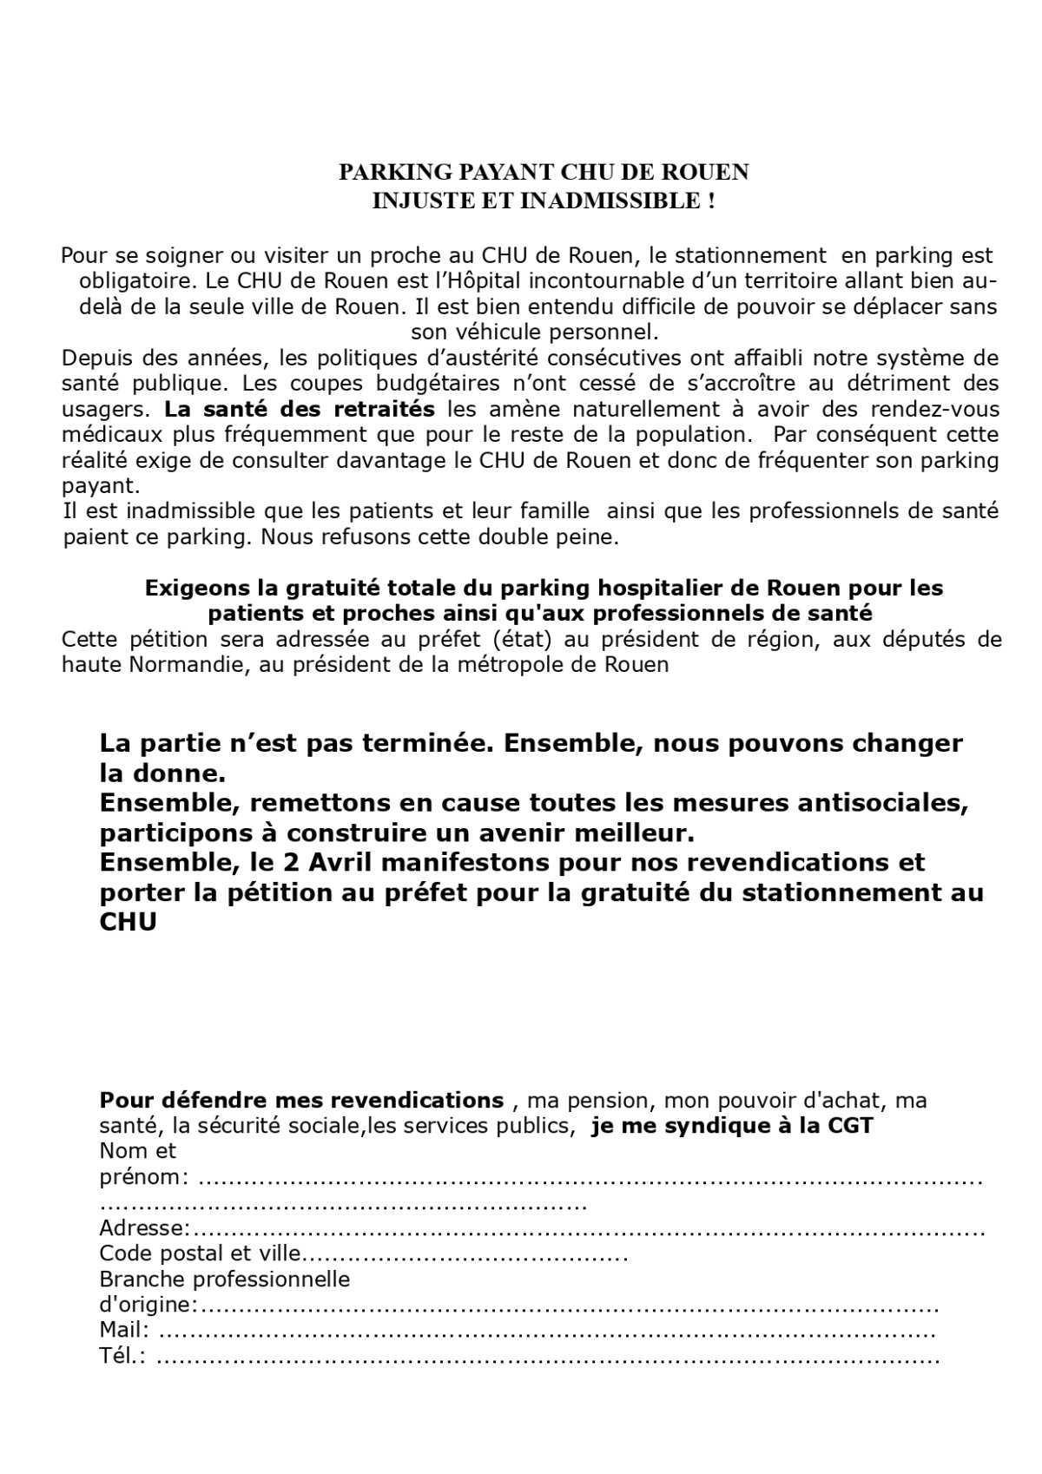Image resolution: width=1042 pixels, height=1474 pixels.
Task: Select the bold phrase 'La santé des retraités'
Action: (x=300, y=409)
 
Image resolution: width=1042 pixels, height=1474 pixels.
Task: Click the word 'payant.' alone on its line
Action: (x=101, y=486)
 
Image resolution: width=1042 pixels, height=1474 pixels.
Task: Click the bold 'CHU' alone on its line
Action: (x=128, y=922)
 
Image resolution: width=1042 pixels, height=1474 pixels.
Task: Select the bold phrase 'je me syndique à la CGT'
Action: (x=731, y=1126)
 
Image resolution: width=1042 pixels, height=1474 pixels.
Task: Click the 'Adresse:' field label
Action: (x=145, y=1228)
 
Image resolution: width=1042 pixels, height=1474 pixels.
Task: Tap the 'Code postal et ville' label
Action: (x=201, y=1254)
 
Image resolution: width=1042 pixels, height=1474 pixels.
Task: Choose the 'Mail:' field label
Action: (x=124, y=1331)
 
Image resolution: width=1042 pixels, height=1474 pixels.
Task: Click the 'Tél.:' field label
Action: (x=122, y=1356)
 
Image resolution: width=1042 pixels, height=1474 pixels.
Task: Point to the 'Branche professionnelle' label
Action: (x=224, y=1280)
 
